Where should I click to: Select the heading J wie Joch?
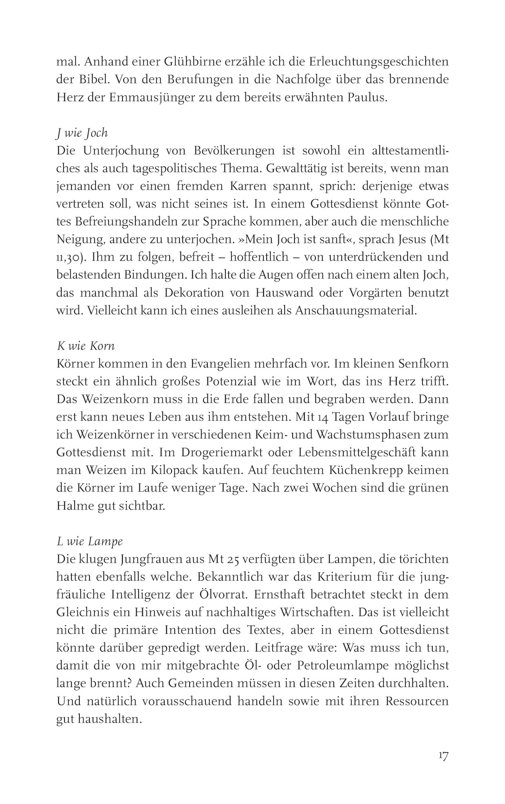pos(82,133)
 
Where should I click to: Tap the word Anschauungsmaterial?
pos(355,311)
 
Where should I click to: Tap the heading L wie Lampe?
pos(90,541)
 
